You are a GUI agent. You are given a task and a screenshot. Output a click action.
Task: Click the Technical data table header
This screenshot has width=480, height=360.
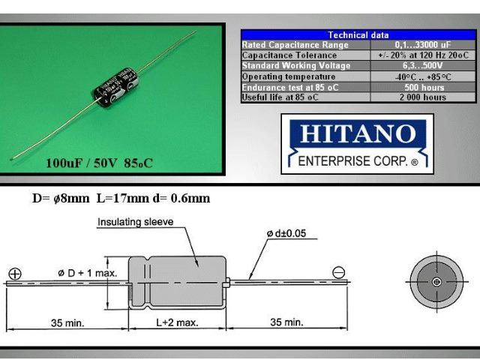pos(358,34)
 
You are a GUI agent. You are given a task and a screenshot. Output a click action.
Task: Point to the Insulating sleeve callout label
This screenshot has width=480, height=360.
pos(135,222)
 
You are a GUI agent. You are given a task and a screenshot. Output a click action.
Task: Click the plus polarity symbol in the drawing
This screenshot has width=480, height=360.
pos(14,274)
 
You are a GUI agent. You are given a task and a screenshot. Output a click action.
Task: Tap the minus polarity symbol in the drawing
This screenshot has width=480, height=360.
pos(338,274)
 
